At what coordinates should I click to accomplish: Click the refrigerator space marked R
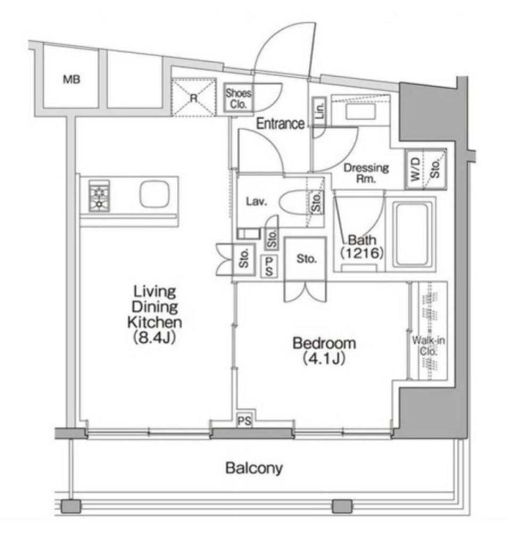click(194, 97)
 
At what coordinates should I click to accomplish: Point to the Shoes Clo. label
click(238, 98)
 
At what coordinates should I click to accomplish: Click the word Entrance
click(281, 124)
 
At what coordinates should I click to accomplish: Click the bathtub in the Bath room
click(411, 233)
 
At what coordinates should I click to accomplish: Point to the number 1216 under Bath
click(362, 253)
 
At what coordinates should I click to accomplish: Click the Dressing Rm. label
click(366, 173)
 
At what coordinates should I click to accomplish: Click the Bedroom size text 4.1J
click(324, 359)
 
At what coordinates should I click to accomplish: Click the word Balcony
click(254, 468)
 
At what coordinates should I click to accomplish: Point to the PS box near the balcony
click(244, 422)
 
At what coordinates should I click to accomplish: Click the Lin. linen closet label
click(320, 112)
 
